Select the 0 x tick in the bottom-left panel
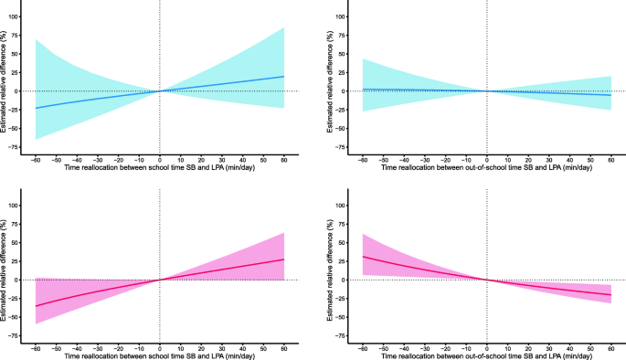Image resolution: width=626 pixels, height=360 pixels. (x=160, y=346)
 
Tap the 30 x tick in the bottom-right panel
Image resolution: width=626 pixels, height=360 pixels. (x=548, y=346)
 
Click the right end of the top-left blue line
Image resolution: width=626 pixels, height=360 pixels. (x=284, y=76)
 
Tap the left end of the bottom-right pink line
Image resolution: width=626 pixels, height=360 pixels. (x=363, y=257)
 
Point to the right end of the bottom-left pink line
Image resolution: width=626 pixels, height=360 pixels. (x=284, y=259)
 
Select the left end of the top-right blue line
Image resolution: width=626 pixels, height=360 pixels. (x=363, y=90)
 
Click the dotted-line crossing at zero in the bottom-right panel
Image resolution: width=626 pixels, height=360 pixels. (x=486, y=280)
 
